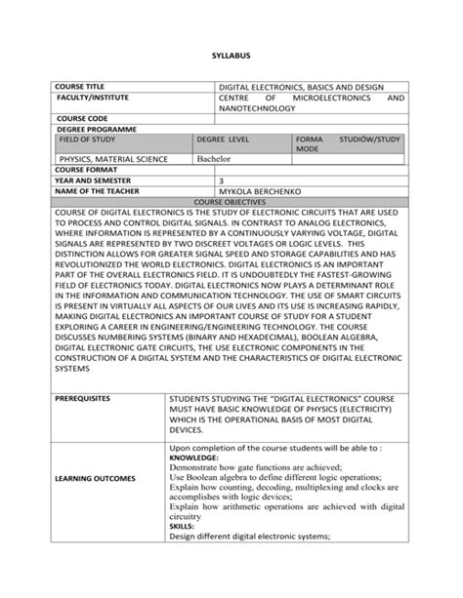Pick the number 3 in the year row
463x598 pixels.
(x=222, y=180)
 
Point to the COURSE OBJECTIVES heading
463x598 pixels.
(x=231, y=201)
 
